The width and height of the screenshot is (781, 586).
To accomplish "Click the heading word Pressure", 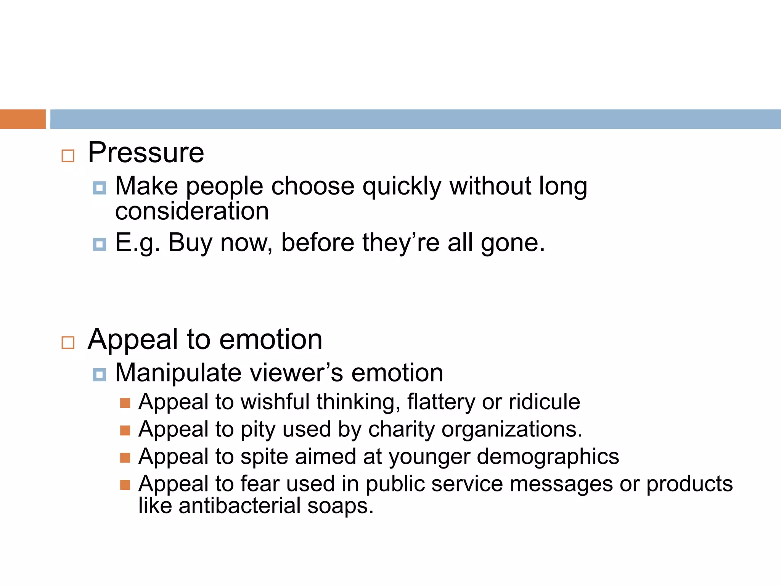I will [x=146, y=153].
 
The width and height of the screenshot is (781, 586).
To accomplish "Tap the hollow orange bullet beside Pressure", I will [x=68, y=156].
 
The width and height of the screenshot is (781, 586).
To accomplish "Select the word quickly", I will [x=402, y=187].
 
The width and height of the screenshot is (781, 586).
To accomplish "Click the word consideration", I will [x=192, y=211].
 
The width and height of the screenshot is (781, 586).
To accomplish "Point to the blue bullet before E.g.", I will [x=100, y=244].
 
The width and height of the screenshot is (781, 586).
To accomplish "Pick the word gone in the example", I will [x=512, y=243].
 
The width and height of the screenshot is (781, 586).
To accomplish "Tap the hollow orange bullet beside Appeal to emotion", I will [x=68, y=342].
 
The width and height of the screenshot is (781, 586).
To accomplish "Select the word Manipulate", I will [x=178, y=373].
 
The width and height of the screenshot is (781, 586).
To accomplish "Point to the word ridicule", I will [x=544, y=402].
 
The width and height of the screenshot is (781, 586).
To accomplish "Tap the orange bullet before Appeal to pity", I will [x=125, y=430].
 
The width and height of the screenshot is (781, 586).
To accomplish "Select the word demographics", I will [x=548, y=457].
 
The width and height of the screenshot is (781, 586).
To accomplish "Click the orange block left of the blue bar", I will [x=22, y=119].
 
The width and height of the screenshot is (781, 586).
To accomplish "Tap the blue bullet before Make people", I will [x=100, y=188].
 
